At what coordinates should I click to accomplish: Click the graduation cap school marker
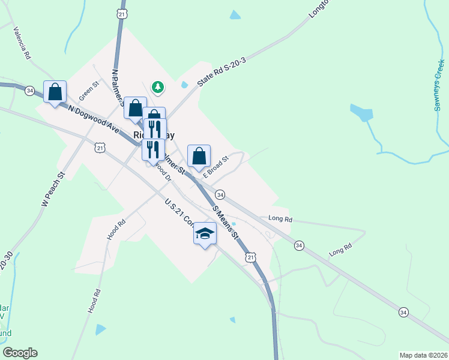tap(205, 233)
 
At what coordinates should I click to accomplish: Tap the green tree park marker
tap(158, 87)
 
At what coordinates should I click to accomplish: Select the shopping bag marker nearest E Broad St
tap(199, 155)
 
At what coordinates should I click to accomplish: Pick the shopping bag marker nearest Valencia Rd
tap(55, 92)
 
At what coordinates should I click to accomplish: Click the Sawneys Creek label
tap(439, 86)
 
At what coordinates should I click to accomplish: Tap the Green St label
tap(88, 91)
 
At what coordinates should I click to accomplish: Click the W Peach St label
tap(53, 190)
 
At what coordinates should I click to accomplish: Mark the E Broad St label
tap(216, 167)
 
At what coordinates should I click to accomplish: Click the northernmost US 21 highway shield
tap(122, 13)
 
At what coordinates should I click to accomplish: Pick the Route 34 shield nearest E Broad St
tap(220, 195)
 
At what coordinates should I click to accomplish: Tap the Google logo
tap(20, 353)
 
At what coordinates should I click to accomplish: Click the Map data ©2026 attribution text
tap(423, 355)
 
